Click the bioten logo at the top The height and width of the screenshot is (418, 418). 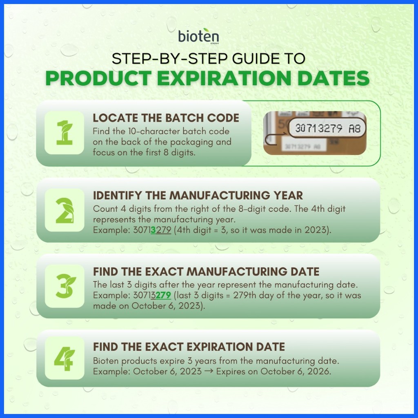point(199,36)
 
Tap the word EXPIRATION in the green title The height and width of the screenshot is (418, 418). point(224,78)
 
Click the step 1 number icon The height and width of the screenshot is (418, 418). point(64,133)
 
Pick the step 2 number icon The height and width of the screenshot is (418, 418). point(64,210)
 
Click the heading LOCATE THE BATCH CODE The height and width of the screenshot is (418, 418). point(166,118)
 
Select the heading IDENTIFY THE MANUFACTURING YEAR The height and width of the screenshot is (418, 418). point(198,196)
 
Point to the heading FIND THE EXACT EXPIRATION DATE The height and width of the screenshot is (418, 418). point(189,347)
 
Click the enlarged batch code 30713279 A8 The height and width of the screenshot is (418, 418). point(328,129)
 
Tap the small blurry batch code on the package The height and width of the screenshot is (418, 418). point(302,147)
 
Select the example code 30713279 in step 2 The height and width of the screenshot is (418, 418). point(152,230)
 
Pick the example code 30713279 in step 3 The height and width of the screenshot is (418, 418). point(152,295)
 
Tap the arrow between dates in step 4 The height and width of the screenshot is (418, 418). point(209,371)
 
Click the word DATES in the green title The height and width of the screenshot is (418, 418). point(334,78)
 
